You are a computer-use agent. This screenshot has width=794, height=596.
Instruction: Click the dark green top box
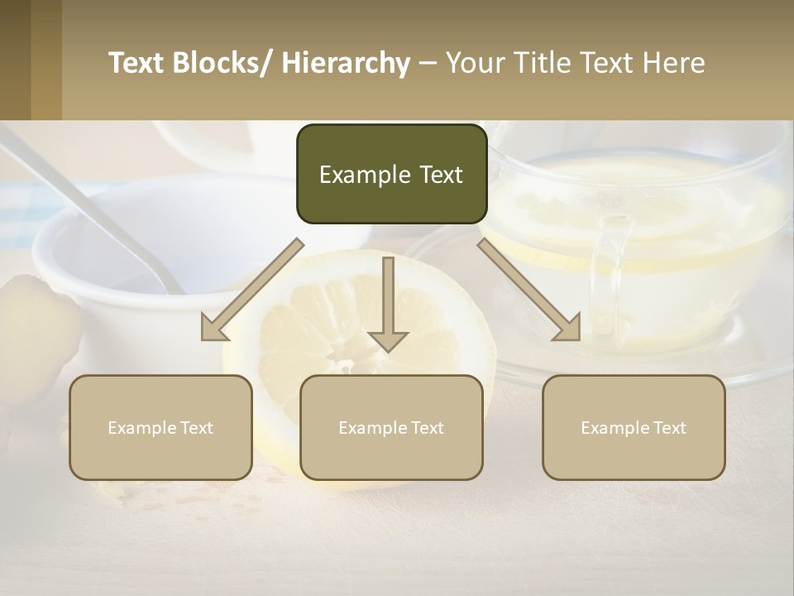point(391,174)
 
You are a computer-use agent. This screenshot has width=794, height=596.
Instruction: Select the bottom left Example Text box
point(160,427)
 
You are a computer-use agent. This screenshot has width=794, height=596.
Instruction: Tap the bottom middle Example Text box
point(391,427)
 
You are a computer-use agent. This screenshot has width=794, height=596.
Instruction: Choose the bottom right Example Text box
point(634,427)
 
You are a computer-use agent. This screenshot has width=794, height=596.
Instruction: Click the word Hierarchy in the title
point(346,63)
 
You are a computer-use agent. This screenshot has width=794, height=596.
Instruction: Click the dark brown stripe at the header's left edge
point(15,60)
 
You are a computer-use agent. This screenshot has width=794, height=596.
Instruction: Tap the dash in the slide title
point(428,63)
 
